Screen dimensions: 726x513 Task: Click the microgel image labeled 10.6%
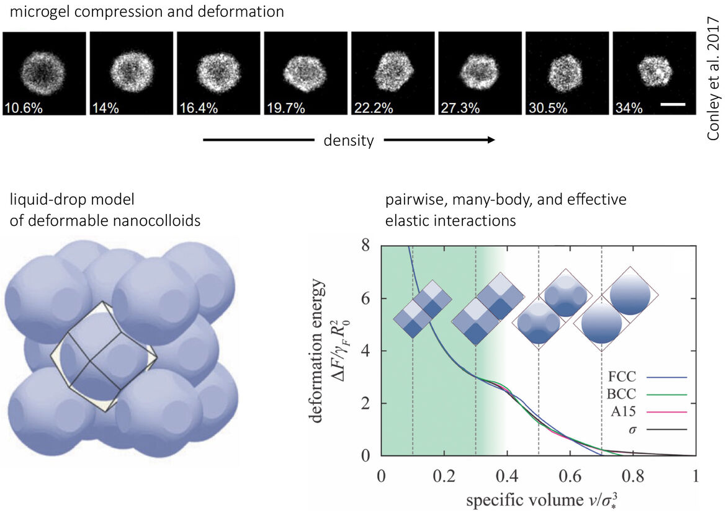[x=45, y=73]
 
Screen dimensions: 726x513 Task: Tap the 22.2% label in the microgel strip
[x=374, y=109]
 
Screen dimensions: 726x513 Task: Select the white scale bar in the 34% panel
[x=673, y=105]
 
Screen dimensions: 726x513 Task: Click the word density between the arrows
[x=349, y=140]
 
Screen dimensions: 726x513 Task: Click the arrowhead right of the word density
[x=491, y=140]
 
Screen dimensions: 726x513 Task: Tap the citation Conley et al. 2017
[x=712, y=78]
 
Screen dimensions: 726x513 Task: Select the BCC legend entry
[x=647, y=394]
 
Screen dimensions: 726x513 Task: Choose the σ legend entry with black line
[x=658, y=429]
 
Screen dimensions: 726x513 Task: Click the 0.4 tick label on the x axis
[x=507, y=476]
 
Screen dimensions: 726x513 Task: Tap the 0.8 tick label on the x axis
[x=633, y=476]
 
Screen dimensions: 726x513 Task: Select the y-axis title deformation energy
[x=316, y=350]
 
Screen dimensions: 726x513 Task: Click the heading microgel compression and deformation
[x=147, y=11]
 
